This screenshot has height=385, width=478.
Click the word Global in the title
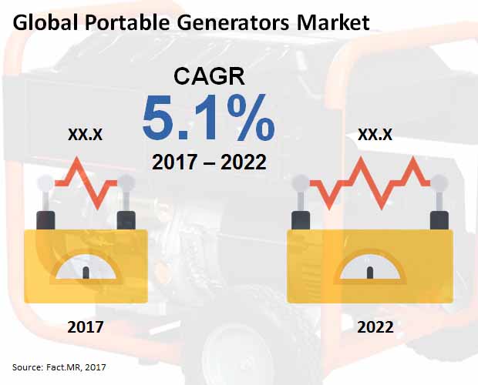tap(45, 22)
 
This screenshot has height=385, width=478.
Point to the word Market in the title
tap(333, 22)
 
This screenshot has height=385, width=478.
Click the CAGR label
tap(210, 76)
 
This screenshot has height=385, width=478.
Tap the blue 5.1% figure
tap(209, 118)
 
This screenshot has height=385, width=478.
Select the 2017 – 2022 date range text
tap(209, 162)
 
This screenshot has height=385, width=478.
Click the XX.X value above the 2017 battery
tap(86, 134)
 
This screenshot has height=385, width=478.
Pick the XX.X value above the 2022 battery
tap(375, 134)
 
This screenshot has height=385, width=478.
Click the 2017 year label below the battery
tap(86, 327)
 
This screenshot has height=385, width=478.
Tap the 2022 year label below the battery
tap(375, 327)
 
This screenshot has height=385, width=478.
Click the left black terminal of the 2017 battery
tap(45, 220)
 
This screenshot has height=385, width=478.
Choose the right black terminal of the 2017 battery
tap(126, 220)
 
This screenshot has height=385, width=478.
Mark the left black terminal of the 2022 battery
tap(301, 220)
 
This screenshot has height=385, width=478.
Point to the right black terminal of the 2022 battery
tap(439, 220)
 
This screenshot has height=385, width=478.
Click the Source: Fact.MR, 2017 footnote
tap(59, 367)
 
